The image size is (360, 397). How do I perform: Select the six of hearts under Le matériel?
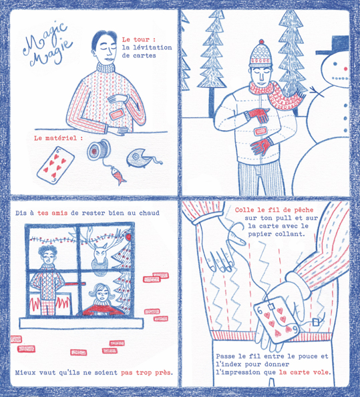click(55, 165)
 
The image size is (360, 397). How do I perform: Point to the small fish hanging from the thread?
click(118, 175)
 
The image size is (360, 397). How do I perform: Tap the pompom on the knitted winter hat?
click(262, 41)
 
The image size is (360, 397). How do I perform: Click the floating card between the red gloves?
click(260, 131)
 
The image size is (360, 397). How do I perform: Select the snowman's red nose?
click(345, 68)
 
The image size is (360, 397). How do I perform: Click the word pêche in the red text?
click(304, 210)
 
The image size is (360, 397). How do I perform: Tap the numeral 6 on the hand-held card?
click(260, 310)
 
